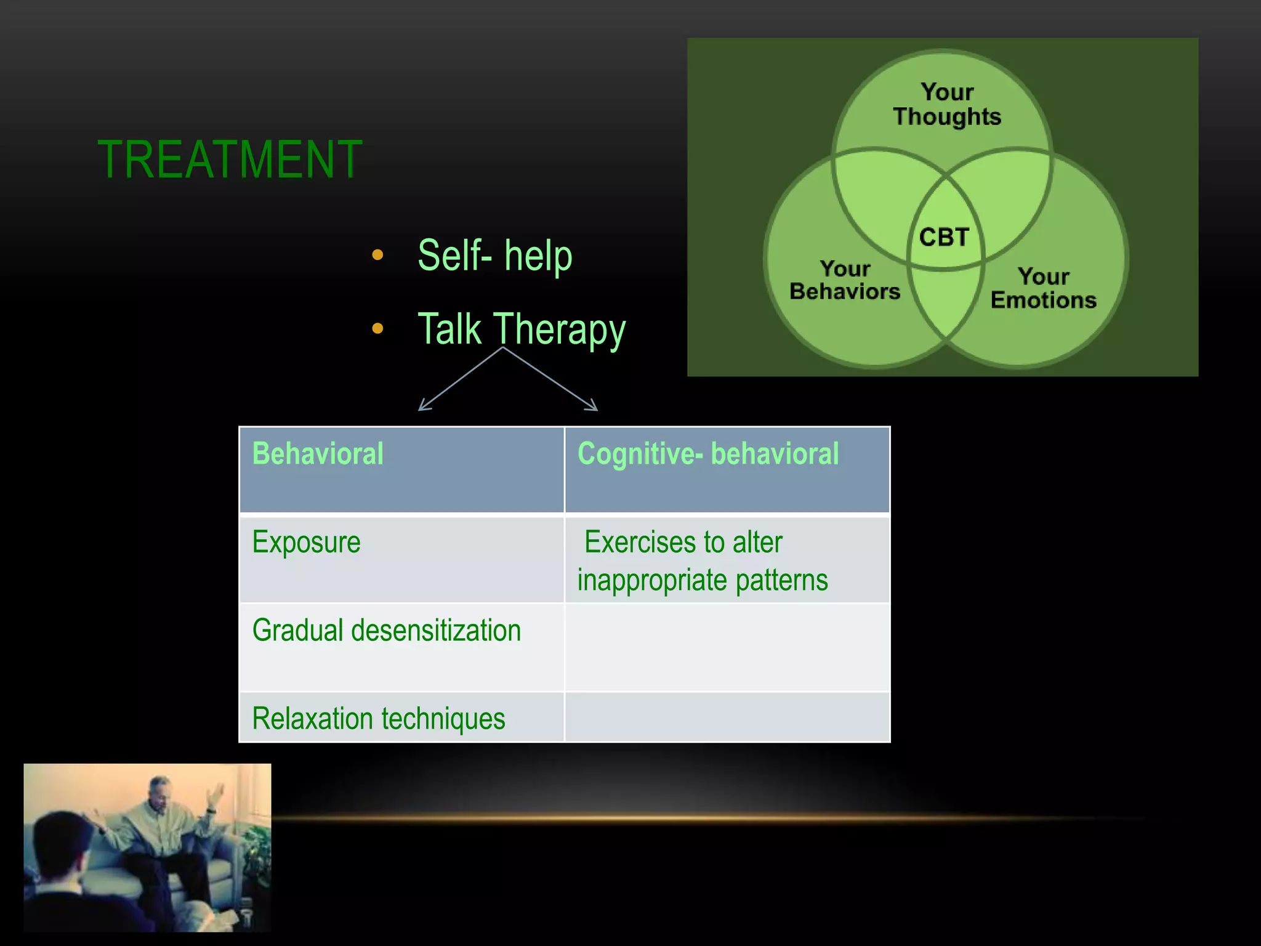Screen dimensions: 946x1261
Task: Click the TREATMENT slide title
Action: [x=230, y=160]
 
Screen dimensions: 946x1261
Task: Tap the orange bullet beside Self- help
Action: [x=377, y=255]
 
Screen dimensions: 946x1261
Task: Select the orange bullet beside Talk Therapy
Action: [x=377, y=329]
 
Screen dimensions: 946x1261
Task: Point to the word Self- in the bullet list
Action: [x=454, y=256]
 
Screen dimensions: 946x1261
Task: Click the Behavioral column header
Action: [x=318, y=454]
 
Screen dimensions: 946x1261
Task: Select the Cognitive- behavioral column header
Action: [x=707, y=454]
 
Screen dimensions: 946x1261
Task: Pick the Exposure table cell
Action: [x=306, y=543]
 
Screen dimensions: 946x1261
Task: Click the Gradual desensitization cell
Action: [x=386, y=631]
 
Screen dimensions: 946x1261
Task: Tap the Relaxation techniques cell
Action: [x=378, y=719]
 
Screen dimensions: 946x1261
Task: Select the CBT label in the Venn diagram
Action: [x=944, y=237]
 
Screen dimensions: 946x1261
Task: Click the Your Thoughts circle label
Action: [x=947, y=105]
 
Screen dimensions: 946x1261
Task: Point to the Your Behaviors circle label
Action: [x=845, y=280]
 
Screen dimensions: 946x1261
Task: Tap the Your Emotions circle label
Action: [x=1043, y=288]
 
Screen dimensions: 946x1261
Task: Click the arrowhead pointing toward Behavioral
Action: [x=422, y=406]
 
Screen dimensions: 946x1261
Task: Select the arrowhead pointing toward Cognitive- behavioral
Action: [x=593, y=406]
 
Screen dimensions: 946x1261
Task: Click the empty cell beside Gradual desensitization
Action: [x=727, y=647]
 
